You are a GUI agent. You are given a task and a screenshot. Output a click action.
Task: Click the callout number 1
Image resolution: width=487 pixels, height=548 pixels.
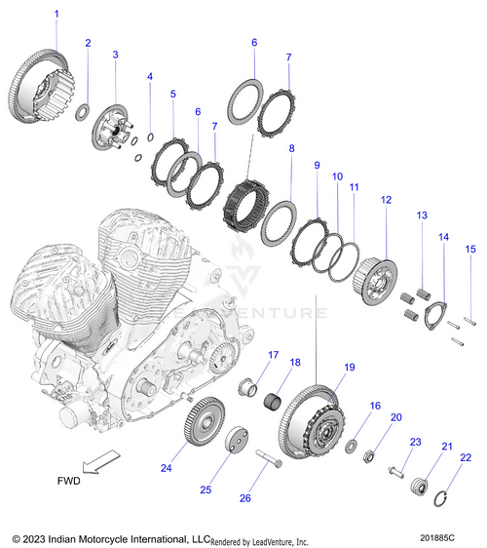pyautogui.click(x=56, y=15)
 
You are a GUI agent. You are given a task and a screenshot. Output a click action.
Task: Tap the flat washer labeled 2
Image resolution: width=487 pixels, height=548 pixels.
pyautogui.click(x=83, y=112)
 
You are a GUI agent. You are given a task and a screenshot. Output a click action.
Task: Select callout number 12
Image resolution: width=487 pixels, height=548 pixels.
pyautogui.click(x=386, y=200)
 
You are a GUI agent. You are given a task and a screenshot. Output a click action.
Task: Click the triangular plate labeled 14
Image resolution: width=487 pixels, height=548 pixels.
pyautogui.click(x=435, y=316)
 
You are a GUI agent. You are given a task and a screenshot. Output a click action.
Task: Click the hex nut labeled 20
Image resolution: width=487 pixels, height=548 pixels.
pyautogui.click(x=368, y=456)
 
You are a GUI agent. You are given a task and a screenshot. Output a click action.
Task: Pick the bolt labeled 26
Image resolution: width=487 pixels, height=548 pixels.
pyautogui.click(x=269, y=459)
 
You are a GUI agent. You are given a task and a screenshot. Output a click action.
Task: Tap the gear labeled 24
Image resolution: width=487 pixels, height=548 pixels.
pyautogui.click(x=205, y=421)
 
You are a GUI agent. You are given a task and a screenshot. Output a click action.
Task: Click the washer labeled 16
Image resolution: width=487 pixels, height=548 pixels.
pyautogui.click(x=351, y=446)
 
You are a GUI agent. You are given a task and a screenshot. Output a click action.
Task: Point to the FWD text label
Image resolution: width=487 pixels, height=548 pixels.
pyautogui.click(x=69, y=481)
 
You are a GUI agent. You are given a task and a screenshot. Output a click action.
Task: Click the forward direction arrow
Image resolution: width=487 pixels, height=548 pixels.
pyautogui.click(x=101, y=461)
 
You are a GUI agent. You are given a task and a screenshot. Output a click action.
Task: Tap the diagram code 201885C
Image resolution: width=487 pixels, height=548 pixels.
pyautogui.click(x=437, y=537)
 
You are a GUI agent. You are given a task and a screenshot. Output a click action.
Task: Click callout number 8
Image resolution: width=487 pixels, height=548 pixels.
pyautogui.click(x=291, y=148)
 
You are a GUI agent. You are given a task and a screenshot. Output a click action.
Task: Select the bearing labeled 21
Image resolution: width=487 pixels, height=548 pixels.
pyautogui.click(x=419, y=486)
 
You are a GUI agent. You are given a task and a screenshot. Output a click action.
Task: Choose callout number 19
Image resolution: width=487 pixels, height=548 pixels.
pyautogui.click(x=350, y=368)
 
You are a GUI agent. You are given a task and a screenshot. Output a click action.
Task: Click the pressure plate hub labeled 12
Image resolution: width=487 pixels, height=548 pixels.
pyautogui.click(x=375, y=282)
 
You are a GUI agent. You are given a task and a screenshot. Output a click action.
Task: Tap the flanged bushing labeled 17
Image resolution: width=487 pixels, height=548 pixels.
pyautogui.click(x=247, y=387)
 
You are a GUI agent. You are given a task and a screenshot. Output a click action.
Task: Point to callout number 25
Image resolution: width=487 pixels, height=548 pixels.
pyautogui.click(x=206, y=489)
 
